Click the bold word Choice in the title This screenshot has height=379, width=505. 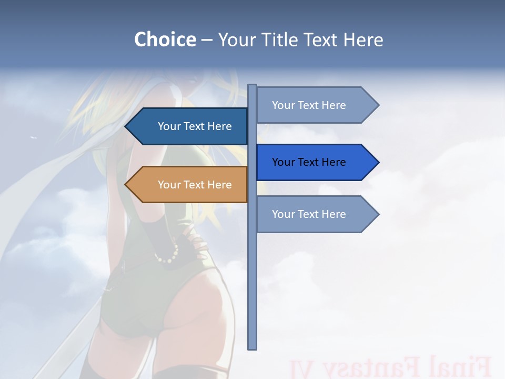click(x=165, y=39)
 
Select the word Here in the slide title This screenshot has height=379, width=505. click(x=363, y=39)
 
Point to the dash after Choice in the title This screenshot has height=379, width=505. click(x=207, y=40)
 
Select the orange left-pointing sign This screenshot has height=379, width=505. click(x=189, y=185)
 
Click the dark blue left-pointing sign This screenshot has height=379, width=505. click(x=189, y=126)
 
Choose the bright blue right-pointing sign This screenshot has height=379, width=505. click(x=313, y=162)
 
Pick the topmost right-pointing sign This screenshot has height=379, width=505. click(x=313, y=105)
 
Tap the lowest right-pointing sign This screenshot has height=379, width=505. click(x=313, y=214)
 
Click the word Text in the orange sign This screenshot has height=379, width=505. click(x=195, y=185)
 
